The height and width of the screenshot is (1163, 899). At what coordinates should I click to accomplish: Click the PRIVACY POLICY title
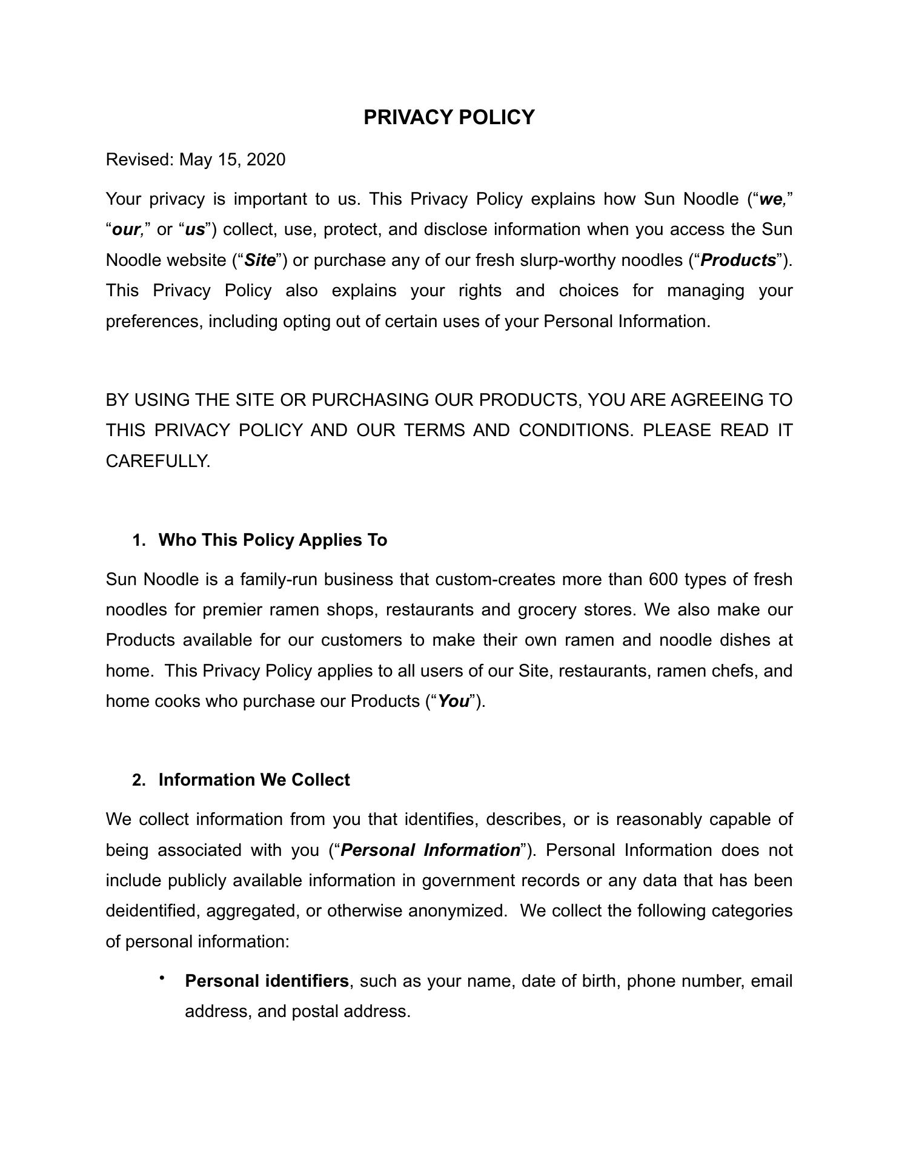click(449, 117)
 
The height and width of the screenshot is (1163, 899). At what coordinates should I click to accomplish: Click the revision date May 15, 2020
click(232, 160)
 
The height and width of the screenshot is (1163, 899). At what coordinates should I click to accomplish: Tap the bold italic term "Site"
click(260, 260)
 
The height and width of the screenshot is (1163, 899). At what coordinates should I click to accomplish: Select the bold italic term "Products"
click(738, 260)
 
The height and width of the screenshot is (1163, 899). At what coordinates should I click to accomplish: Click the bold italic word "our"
click(126, 230)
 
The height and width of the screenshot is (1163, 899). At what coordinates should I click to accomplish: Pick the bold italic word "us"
click(194, 230)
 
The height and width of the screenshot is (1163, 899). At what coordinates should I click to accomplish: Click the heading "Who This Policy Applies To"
click(273, 540)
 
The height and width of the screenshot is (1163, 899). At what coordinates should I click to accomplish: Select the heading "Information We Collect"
click(254, 780)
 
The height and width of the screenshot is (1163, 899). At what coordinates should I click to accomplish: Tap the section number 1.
click(139, 540)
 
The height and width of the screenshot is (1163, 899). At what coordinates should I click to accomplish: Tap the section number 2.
click(139, 780)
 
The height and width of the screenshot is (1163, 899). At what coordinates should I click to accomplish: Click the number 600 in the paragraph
click(663, 580)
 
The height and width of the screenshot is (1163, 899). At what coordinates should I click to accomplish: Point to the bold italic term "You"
click(453, 701)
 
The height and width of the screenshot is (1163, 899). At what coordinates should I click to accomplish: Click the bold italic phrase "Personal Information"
click(430, 850)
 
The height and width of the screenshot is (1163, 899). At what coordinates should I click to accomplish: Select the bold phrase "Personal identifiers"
click(267, 981)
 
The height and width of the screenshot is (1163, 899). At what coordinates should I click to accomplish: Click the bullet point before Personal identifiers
click(162, 978)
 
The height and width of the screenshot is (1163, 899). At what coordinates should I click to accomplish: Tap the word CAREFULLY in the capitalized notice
click(158, 462)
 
